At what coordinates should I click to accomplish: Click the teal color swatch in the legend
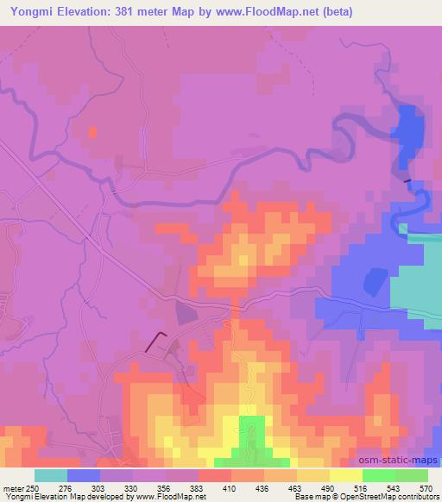tap(51, 475)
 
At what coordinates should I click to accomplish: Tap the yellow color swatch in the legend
tap(345, 475)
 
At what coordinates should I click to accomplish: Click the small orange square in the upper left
tap(92, 132)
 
